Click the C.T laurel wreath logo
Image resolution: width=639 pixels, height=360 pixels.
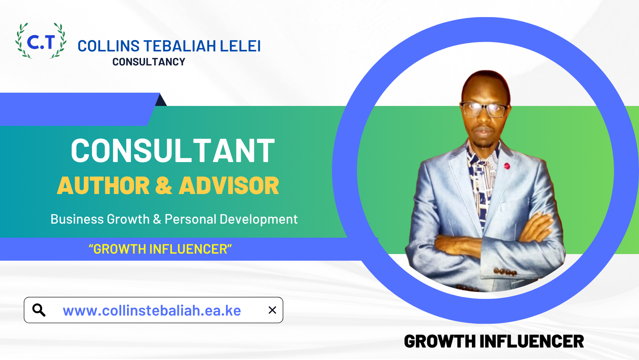point(41,41)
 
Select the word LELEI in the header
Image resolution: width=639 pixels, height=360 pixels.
point(240,46)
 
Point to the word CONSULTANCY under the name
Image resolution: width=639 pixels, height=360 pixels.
point(148,62)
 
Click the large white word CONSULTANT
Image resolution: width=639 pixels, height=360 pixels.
point(173,151)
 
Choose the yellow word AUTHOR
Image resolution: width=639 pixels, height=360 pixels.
point(103,185)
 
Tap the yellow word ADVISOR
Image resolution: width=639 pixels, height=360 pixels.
point(229,185)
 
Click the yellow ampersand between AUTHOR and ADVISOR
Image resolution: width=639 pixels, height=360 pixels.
point(164,185)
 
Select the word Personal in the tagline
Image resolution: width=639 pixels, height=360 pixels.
point(191,219)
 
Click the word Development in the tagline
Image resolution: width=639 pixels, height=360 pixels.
point(259,219)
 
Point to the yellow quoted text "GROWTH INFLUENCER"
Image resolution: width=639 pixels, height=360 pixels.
point(160,249)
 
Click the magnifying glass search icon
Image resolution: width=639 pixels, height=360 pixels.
point(39,310)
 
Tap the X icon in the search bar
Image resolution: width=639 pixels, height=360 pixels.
point(272,310)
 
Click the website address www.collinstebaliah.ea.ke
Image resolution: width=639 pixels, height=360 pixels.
point(152,311)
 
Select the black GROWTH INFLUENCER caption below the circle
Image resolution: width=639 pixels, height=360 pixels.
point(494,341)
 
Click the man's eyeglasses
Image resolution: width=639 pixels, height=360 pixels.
point(484,109)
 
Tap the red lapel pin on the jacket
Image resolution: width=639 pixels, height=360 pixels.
point(507,166)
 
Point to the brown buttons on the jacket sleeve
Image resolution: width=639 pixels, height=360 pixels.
point(505,272)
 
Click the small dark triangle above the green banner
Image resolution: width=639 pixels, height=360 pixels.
point(161,101)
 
